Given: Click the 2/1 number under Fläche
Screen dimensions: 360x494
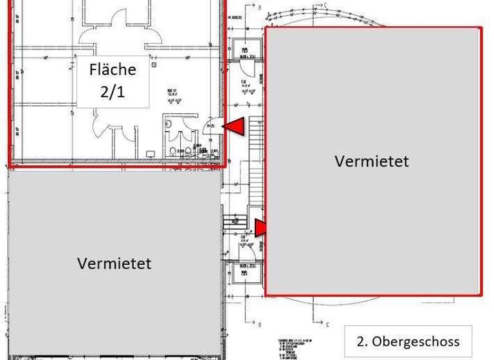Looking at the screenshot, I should (x=113, y=91).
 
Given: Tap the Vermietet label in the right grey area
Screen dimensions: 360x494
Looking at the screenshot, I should (x=372, y=161).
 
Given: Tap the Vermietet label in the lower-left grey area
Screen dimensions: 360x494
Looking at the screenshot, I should (x=114, y=263).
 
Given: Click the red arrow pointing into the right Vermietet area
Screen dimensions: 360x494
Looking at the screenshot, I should (x=261, y=228).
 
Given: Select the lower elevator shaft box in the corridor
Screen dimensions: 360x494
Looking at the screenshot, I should (x=244, y=271).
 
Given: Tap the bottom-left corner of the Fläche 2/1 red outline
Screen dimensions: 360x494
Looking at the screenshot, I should (x=9, y=165).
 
